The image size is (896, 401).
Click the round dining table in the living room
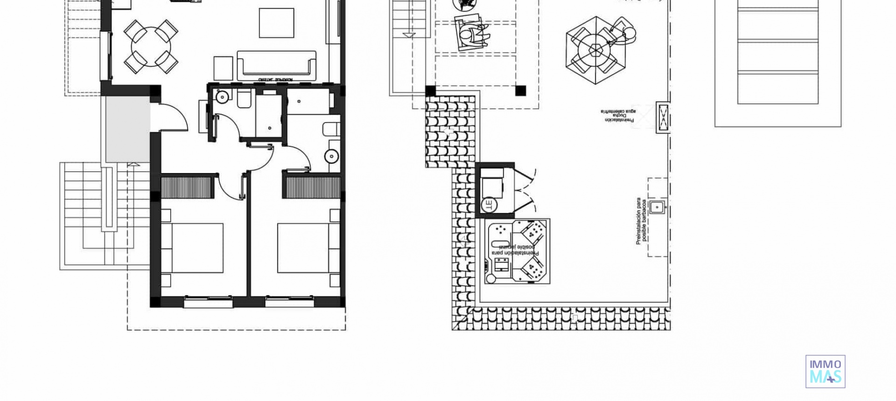[150, 47]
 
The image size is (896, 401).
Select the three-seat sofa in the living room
[277, 65]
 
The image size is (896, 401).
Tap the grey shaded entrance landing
[127, 129]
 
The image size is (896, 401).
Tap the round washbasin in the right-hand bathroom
[332, 156]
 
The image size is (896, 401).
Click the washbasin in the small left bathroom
[222, 97]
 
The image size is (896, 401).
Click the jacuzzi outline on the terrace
[517, 251]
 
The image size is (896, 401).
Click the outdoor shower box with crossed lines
[663, 117]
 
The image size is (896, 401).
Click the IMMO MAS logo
[825, 371]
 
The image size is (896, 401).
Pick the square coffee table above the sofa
[276, 23]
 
